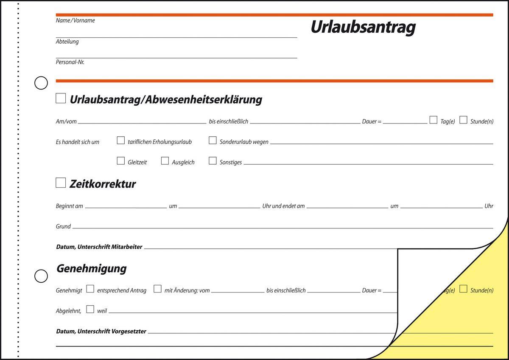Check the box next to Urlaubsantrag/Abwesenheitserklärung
pos(61,98)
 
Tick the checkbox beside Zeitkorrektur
pos(61,183)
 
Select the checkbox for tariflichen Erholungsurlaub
pos(121,141)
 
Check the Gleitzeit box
pos(121,161)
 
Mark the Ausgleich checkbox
pos(165,161)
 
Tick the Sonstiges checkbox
pos(213,161)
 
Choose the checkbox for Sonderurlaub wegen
pos(213,141)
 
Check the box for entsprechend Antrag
pos(90,289)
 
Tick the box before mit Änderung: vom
pos(157,289)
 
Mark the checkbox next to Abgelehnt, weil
pos(90,309)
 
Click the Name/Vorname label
pos(76,20)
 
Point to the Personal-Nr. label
pos(70,62)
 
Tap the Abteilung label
pos(67,42)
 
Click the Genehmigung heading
pos(91,269)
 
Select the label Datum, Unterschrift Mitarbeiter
pos(99,247)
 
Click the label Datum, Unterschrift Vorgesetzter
pos(101,331)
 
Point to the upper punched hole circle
pos(41,83)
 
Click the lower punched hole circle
pos(41,276)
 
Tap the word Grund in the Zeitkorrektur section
pos(63,227)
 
